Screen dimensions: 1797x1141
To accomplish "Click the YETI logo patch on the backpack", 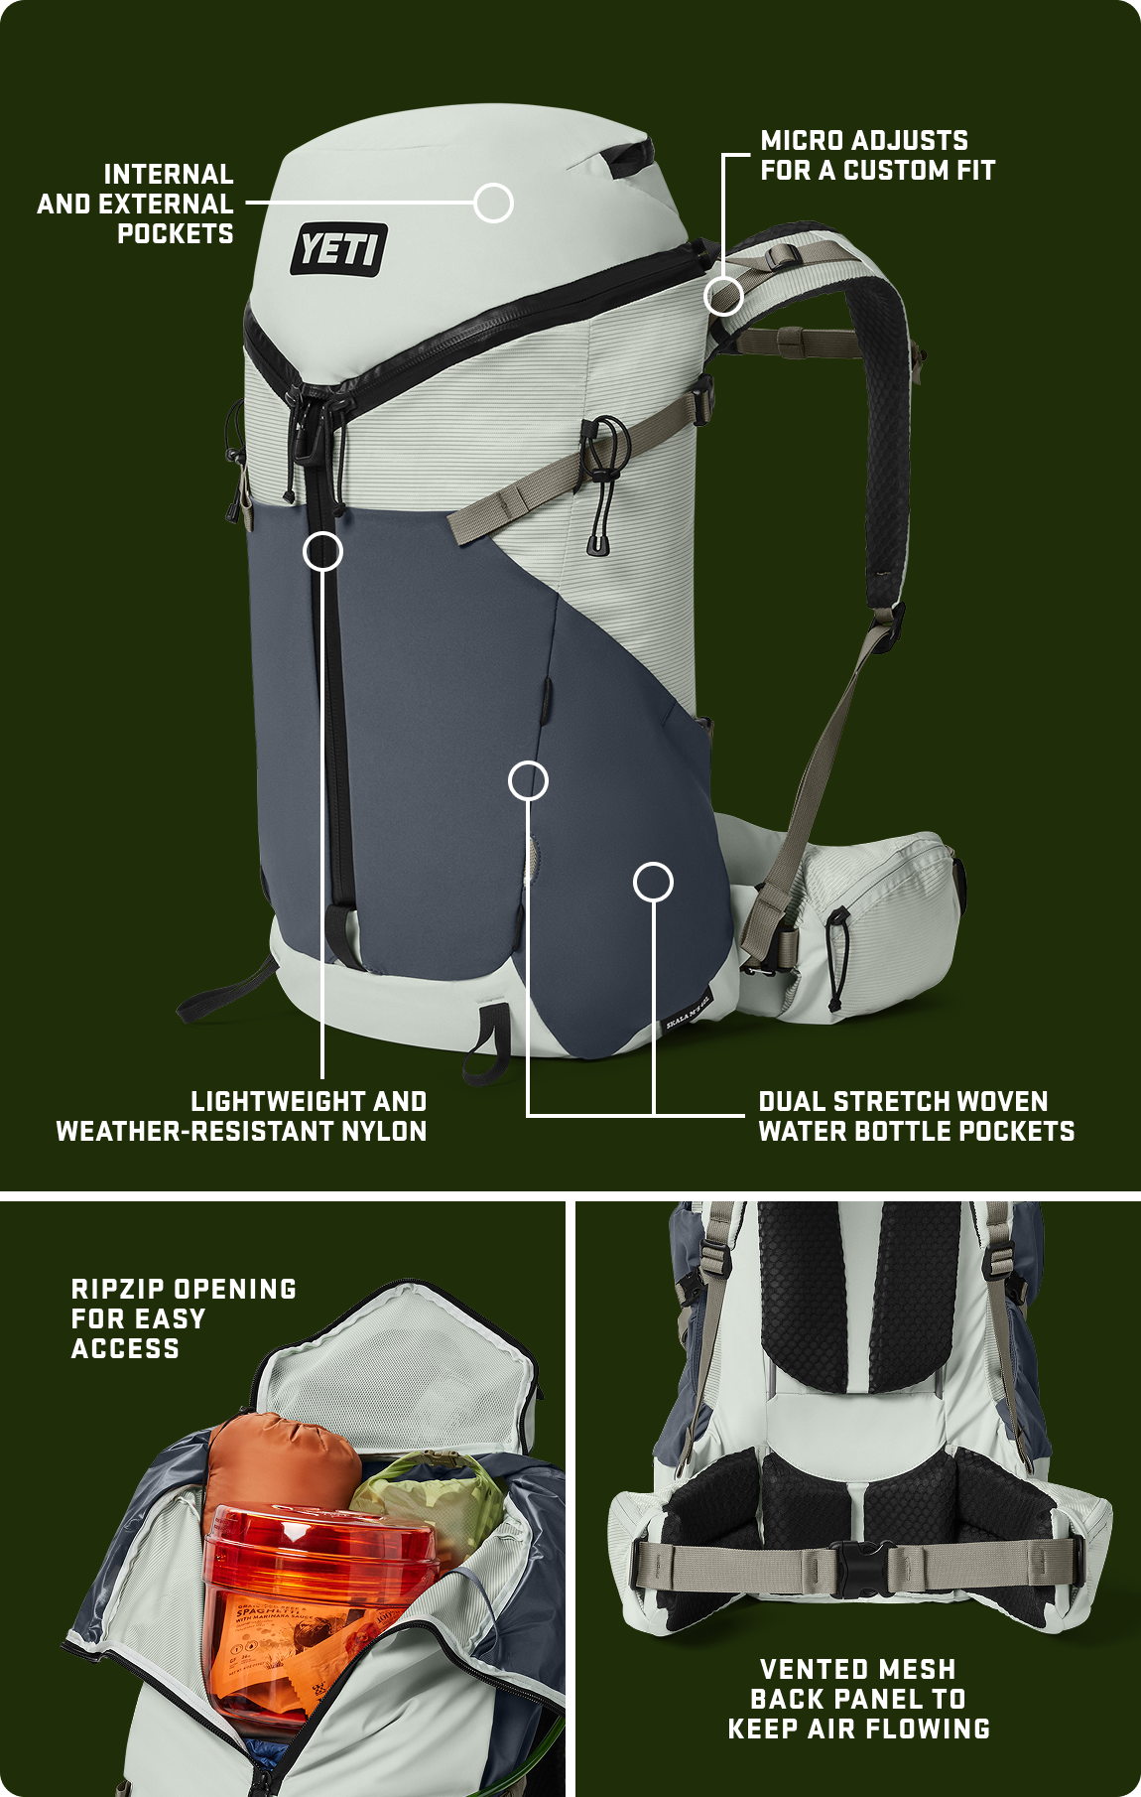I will (x=338, y=248).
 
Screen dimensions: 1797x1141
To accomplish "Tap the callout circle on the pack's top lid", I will (x=493, y=203).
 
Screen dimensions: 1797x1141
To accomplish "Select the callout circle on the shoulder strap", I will (x=723, y=296).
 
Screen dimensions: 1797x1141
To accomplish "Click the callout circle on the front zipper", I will (x=322, y=551).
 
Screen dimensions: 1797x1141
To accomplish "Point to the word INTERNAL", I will (x=169, y=175).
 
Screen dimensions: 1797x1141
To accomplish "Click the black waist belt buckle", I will (x=859, y=1569).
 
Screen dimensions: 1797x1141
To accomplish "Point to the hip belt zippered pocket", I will (x=883, y=913).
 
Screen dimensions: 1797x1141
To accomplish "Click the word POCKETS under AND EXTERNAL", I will (x=176, y=234).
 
